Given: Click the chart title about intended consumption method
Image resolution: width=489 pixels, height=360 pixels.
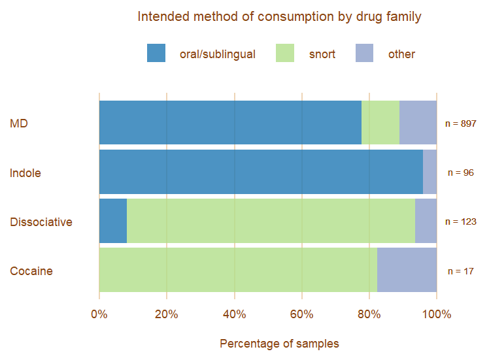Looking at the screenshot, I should coord(279,16).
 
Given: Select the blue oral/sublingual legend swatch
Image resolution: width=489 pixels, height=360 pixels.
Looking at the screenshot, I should coord(156,54).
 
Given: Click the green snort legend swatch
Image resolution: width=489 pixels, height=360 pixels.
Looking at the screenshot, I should coord(285,54).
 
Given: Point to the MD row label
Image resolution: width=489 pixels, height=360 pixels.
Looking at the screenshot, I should coord(19,123).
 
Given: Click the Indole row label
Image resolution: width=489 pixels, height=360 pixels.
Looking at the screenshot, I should coord(25,173).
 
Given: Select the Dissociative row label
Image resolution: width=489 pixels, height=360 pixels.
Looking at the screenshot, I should coord(41,222).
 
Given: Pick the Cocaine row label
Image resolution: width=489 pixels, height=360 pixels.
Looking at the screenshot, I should coord(31,271).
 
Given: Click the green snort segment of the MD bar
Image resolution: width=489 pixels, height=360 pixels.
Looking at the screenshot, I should coord(380,122).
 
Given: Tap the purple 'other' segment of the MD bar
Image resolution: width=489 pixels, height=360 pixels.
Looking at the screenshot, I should coord(418,122).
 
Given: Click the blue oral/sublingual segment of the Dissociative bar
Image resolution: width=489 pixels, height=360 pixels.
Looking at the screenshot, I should coord(112,221).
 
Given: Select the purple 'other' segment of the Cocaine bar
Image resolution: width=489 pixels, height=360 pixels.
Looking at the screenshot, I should coord(407,270).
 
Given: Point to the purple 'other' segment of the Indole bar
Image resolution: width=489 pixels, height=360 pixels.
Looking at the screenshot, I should coord(430,172).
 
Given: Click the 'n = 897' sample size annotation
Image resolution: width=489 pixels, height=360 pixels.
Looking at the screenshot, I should coord(460,123).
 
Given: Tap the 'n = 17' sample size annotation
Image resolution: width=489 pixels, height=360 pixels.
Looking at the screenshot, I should coord(460,271).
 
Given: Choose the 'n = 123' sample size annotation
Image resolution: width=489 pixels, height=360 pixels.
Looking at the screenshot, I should coord(460,222).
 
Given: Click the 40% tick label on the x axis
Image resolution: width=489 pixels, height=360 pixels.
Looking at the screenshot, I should coord(234,314).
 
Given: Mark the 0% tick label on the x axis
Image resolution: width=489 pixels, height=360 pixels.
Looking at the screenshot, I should coord(99,314).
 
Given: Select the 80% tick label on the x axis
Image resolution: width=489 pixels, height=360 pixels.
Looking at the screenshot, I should coord(369,314).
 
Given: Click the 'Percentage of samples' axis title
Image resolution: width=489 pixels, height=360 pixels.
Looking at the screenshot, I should coord(279,344).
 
